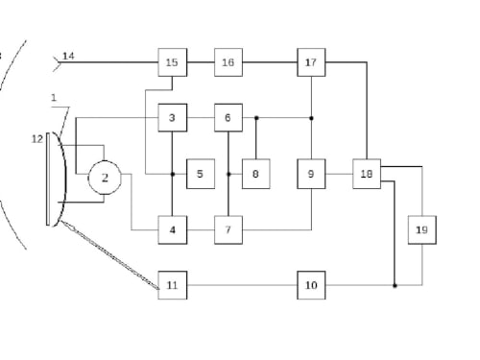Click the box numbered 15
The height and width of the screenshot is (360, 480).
173,62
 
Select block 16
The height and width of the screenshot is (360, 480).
228,62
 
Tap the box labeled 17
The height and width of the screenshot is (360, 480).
311,62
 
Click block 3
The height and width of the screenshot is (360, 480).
173,118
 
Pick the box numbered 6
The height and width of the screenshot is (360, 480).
228,118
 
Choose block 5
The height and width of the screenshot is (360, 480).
201,174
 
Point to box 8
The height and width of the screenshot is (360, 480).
256,174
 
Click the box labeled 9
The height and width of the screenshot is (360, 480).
311,174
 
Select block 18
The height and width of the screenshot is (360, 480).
367,174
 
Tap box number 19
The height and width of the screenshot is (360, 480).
422,230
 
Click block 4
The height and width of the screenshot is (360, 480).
173,230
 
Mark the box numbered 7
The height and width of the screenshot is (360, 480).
228,230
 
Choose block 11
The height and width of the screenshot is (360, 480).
173,285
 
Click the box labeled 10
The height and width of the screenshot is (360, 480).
311,285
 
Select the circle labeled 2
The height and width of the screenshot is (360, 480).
105,178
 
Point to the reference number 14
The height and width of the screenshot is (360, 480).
68,56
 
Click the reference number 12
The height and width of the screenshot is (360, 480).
37,139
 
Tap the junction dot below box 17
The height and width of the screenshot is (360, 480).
311,118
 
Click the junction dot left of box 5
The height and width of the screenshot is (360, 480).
173,174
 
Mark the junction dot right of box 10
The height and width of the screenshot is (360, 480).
395,285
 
